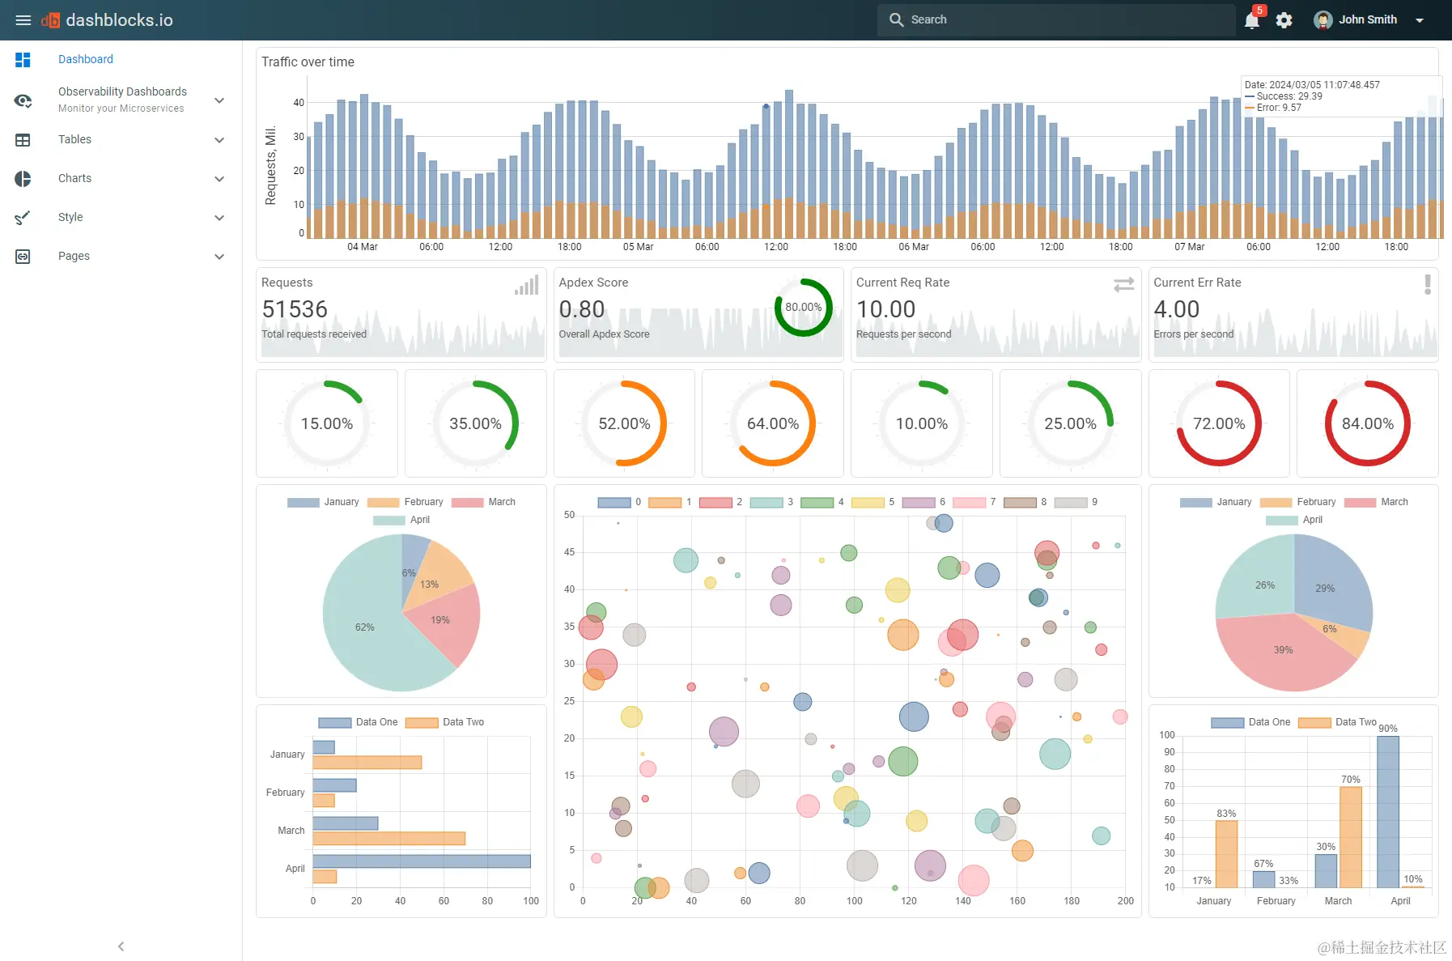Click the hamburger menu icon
(x=23, y=20)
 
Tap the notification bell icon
(x=1251, y=20)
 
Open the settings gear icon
(x=1284, y=20)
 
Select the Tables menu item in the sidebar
(x=74, y=139)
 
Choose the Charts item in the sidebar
(x=74, y=178)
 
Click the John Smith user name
(x=1367, y=19)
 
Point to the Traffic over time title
(x=308, y=62)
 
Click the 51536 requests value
(x=295, y=309)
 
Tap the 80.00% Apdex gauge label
(x=803, y=307)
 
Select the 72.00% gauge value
(x=1218, y=423)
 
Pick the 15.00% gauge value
(x=326, y=423)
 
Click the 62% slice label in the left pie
(x=364, y=627)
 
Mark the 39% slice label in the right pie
(x=1283, y=650)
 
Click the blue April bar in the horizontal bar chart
(x=421, y=861)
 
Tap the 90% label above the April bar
(x=1387, y=729)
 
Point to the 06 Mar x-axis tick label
(x=913, y=247)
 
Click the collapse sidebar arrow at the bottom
(x=121, y=946)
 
